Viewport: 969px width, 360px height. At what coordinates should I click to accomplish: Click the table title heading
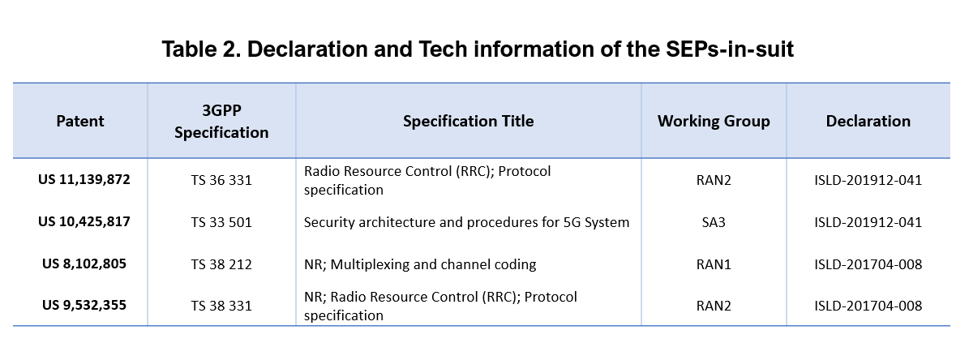tap(478, 49)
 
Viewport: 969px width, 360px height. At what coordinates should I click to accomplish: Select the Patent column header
tap(80, 121)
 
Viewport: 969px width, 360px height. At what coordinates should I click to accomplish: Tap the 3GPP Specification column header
tap(221, 122)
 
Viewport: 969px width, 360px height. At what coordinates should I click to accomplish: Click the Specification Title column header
tap(469, 121)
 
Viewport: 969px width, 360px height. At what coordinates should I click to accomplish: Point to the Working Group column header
tap(714, 121)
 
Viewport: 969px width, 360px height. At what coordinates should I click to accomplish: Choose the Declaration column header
tap(868, 121)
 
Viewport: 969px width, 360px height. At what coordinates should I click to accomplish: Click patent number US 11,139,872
tap(84, 180)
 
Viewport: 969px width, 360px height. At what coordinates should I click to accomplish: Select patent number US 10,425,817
tap(84, 221)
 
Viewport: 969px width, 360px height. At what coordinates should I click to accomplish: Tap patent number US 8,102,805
tap(84, 264)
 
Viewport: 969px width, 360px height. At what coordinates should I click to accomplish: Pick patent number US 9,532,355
tap(84, 306)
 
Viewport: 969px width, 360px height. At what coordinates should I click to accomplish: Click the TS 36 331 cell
tap(221, 180)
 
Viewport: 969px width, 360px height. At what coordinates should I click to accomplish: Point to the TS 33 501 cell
tap(221, 222)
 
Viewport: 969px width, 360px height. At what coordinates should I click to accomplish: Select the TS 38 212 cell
tap(221, 264)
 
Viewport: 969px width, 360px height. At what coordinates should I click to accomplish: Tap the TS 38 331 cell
tap(221, 306)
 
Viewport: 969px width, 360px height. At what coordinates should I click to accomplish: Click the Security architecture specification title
tap(466, 222)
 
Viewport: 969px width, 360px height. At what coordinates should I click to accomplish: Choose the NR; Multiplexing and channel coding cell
tap(419, 264)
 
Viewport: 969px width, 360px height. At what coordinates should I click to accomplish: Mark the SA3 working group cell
tap(714, 222)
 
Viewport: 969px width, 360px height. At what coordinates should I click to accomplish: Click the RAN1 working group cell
tap(714, 264)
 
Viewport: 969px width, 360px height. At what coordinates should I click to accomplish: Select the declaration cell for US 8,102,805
tap(868, 264)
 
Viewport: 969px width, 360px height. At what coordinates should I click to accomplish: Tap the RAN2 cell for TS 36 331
tap(714, 180)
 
